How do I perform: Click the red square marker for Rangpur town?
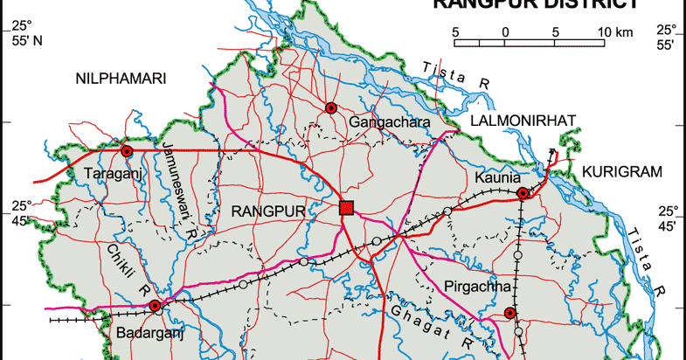point(346,207)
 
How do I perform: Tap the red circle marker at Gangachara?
point(330,107)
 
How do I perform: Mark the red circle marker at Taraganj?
point(127,151)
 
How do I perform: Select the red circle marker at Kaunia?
point(522,193)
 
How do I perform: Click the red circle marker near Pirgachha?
point(510,314)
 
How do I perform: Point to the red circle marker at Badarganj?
point(155,306)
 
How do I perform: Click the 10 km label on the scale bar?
point(613,31)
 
